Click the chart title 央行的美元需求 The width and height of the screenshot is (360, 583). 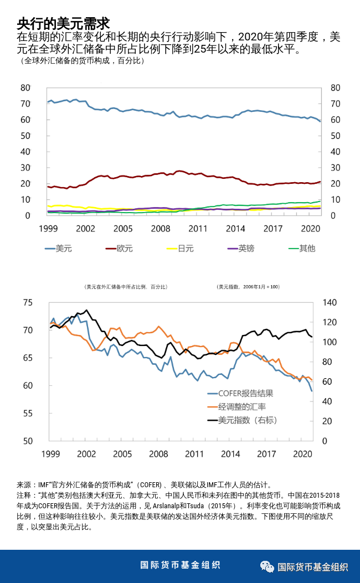(x=63, y=23)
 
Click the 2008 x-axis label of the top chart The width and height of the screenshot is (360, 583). (x=161, y=228)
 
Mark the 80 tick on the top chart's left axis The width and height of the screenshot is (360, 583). (x=25, y=87)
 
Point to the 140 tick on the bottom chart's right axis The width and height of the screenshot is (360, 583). (x=329, y=302)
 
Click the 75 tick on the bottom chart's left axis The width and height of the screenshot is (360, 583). (x=28, y=302)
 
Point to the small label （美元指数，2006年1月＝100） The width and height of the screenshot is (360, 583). (x=248, y=287)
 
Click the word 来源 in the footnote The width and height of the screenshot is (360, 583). (x=24, y=484)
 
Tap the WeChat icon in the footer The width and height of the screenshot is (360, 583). (x=268, y=566)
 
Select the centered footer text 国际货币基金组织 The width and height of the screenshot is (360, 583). (x=180, y=565)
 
